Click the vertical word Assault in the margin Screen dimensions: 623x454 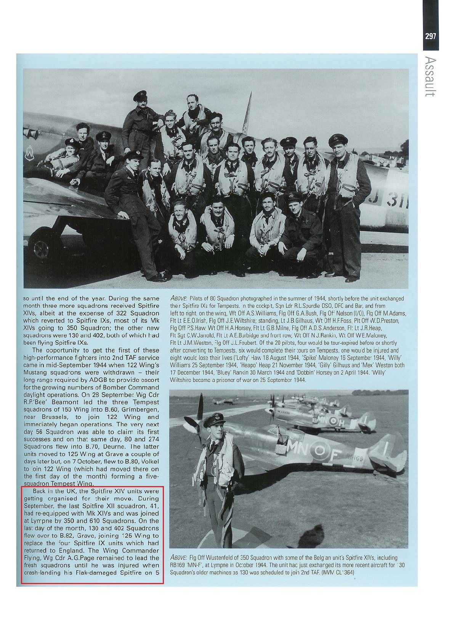point(431,76)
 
